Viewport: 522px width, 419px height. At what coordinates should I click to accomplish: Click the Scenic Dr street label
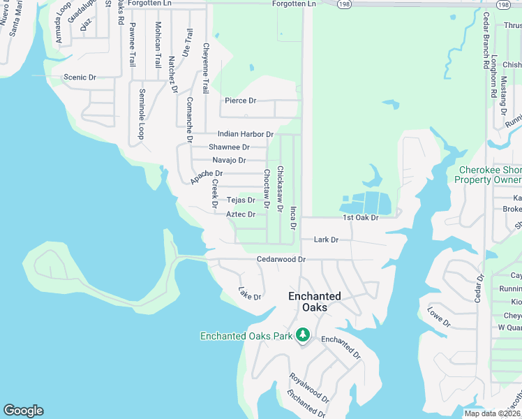[x=79, y=78]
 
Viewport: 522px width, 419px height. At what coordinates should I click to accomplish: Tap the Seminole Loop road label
[x=142, y=113]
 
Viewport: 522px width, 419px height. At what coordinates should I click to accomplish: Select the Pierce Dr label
[x=240, y=101]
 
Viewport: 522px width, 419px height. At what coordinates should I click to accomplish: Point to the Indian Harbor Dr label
[x=245, y=133]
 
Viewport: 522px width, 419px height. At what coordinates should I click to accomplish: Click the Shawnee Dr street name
[x=229, y=147]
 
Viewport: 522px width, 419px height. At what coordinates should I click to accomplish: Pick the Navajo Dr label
[x=229, y=160]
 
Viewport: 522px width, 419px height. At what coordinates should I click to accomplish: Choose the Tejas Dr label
[x=241, y=200]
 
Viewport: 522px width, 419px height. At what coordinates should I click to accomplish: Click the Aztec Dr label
[x=241, y=214]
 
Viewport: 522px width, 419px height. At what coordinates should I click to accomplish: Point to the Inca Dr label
[x=294, y=217]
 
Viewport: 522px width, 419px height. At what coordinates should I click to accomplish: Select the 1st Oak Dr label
[x=360, y=218]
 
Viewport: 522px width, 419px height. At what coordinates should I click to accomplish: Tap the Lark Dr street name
[x=326, y=240]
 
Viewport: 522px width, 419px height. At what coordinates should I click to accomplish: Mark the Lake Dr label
[x=249, y=293]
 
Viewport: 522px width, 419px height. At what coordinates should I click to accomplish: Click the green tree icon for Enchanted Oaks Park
[x=303, y=336]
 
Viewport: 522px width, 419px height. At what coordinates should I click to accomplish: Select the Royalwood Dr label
[x=309, y=388]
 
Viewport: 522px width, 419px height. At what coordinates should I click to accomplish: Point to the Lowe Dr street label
[x=440, y=317]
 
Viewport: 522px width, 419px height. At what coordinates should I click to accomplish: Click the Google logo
[x=23, y=411]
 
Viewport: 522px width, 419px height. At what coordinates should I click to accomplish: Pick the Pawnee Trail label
[x=132, y=45]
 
